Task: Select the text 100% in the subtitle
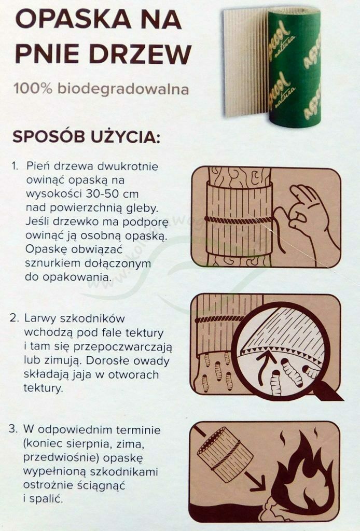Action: point(33,89)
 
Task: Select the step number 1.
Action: point(14,166)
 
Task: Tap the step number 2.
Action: point(14,318)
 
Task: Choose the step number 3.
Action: point(13,429)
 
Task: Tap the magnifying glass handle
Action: point(327,390)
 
